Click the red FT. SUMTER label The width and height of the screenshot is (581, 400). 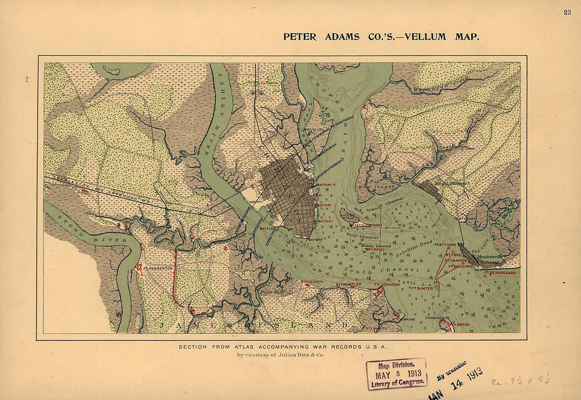[x=421, y=288]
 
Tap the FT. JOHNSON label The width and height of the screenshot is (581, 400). [x=387, y=285]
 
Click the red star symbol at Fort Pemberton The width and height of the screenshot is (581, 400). [x=139, y=268]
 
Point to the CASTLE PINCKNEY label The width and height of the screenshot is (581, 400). [x=366, y=225]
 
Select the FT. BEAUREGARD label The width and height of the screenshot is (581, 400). [x=499, y=273]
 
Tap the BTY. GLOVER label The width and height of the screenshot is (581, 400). [x=312, y=282]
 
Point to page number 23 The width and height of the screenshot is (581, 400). [x=567, y=12]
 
